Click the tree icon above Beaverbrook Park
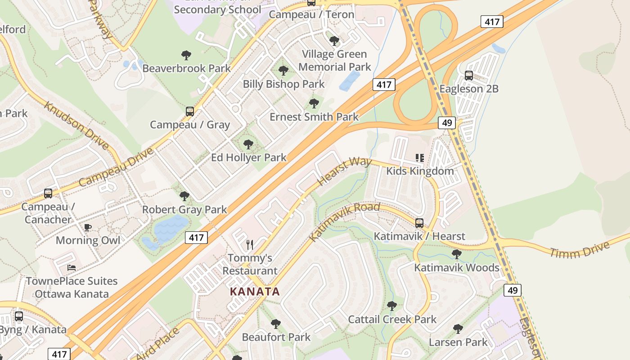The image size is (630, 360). pyautogui.click(x=186, y=55)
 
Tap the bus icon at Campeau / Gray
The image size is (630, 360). pyautogui.click(x=190, y=111)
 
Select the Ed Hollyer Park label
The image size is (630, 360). pyautogui.click(x=248, y=157)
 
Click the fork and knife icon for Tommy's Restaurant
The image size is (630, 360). pyautogui.click(x=250, y=245)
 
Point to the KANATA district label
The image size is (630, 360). pyautogui.click(x=255, y=292)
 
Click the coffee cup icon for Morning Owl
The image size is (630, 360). pyautogui.click(x=88, y=227)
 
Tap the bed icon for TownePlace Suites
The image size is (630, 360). pyautogui.click(x=72, y=268)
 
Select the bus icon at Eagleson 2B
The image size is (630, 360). pyautogui.click(x=468, y=76)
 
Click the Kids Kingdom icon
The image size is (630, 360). pyautogui.click(x=420, y=157)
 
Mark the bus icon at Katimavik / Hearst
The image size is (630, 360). pyautogui.click(x=419, y=223)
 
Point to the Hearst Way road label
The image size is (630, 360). pyautogui.click(x=344, y=171)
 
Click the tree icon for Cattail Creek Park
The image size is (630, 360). pyautogui.click(x=392, y=306)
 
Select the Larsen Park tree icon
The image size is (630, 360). pyautogui.click(x=458, y=329)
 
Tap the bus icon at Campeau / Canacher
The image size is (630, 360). pyautogui.click(x=48, y=193)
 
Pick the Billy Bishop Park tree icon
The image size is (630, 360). pyautogui.click(x=283, y=71)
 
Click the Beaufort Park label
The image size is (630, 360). pyautogui.click(x=276, y=337)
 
